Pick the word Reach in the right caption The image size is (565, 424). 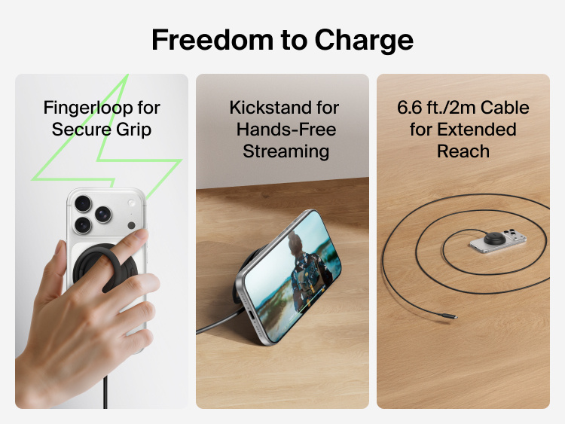463,151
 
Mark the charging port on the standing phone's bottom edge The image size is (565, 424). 243,310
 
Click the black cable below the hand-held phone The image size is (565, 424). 105,391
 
